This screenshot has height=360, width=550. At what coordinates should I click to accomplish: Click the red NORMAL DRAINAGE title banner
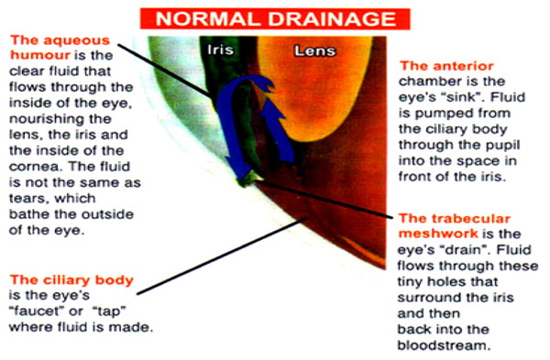coord(275,18)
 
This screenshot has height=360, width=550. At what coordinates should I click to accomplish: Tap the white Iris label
coord(220,49)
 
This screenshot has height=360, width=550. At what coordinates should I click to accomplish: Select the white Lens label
coord(314,50)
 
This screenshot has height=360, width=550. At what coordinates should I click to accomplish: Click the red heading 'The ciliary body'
coord(71,279)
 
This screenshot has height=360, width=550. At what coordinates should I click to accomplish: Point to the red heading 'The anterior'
coord(446,66)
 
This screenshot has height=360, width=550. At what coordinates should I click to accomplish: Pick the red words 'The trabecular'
coord(455,218)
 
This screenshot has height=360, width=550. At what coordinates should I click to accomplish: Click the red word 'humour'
coord(40,55)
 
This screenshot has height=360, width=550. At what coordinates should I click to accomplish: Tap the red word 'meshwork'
coord(438,234)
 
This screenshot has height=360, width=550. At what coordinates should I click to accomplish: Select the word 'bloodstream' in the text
coord(443,345)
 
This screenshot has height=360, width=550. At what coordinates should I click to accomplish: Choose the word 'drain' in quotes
coord(465,249)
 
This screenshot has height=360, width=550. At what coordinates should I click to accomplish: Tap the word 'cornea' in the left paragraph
coord(36,167)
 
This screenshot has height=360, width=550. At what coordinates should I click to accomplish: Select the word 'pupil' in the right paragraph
coord(503,145)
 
